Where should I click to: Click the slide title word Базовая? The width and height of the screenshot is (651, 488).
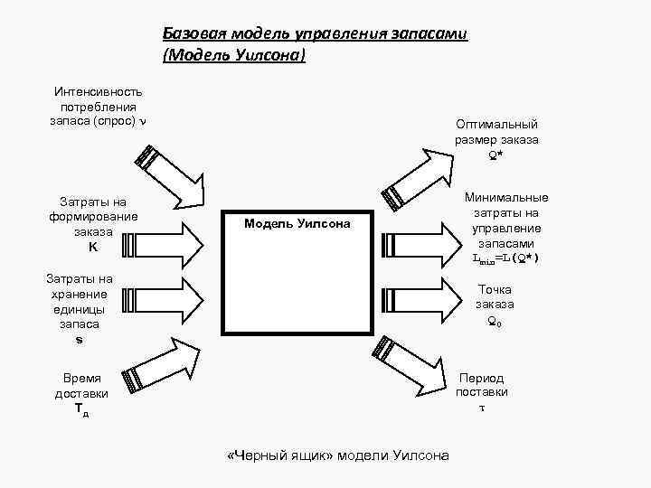tap(192, 34)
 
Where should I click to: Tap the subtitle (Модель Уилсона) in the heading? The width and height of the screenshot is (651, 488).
tap(234, 56)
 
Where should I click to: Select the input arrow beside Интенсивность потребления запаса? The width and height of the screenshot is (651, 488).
tap(175, 175)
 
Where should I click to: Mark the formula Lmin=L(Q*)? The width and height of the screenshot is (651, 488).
tap(505, 258)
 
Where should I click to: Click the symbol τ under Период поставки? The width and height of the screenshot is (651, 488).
tap(481, 408)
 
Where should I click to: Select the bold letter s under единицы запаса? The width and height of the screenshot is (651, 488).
tap(80, 339)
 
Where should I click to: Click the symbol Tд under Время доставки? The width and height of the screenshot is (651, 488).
tap(81, 411)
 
